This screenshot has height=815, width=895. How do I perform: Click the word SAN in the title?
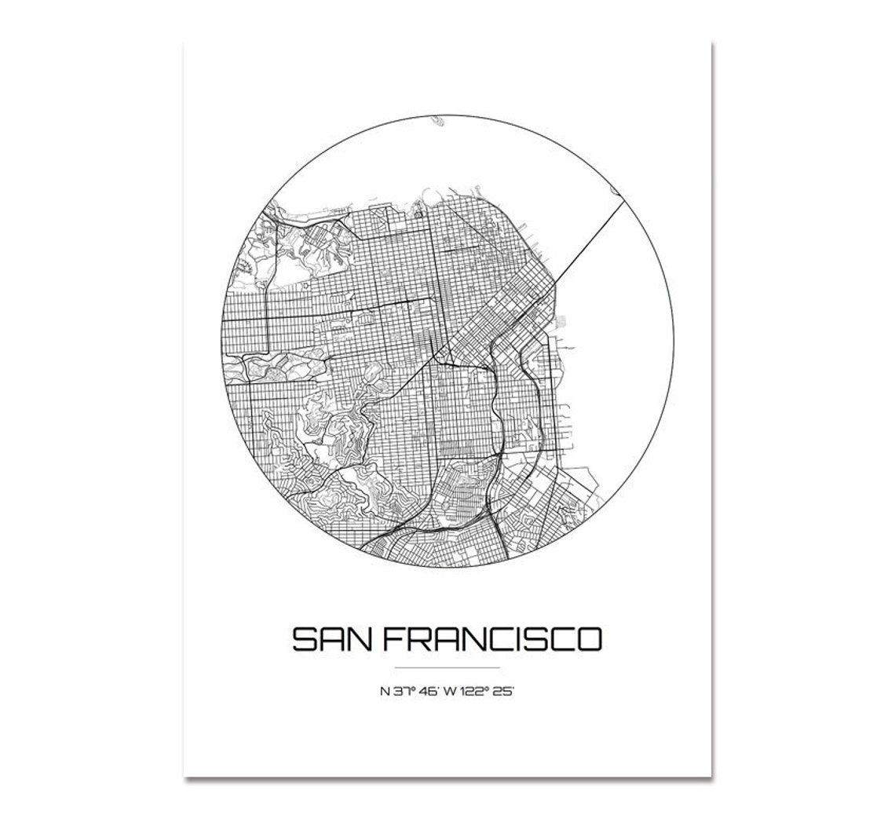click(x=331, y=639)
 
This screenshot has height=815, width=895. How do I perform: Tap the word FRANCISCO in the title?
click(x=492, y=639)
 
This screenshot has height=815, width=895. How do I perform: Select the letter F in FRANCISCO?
click(x=393, y=639)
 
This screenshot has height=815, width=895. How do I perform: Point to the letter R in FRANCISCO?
click(x=418, y=639)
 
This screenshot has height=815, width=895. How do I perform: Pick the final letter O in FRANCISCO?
click(x=589, y=639)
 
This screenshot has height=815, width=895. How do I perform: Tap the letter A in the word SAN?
click(x=331, y=639)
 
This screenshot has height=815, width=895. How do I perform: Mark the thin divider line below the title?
click(x=447, y=667)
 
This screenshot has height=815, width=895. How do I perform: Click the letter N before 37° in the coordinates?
click(x=384, y=692)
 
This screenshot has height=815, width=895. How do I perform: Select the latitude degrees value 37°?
click(x=402, y=692)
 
